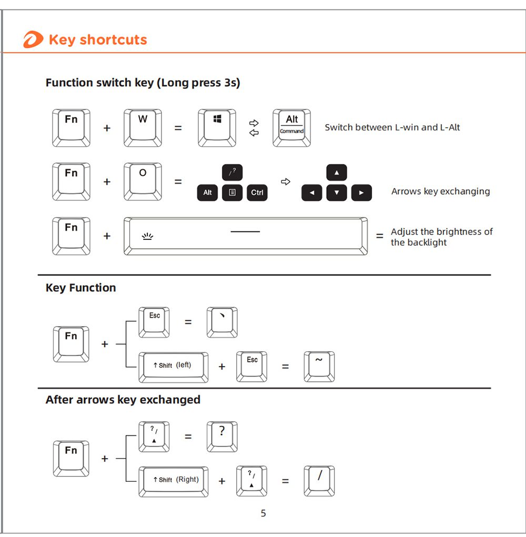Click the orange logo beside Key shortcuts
pyautogui.click(x=33, y=40)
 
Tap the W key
pyautogui.click(x=143, y=127)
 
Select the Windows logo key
pyautogui.click(x=217, y=127)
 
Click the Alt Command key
pyautogui.click(x=291, y=127)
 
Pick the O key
pyautogui.click(x=143, y=181)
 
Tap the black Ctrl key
pyautogui.click(x=257, y=192)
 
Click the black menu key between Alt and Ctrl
pyautogui.click(x=232, y=192)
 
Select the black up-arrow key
pyautogui.click(x=337, y=173)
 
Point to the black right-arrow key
pyautogui.click(x=361, y=192)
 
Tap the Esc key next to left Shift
pyautogui.click(x=252, y=366)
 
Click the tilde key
pyautogui.click(x=319, y=366)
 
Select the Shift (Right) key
pyautogui.click(x=173, y=481)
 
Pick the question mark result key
pyautogui.click(x=222, y=436)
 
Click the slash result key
pyautogui.click(x=319, y=481)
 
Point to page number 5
pyautogui.click(x=264, y=513)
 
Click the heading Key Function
pyautogui.click(x=80, y=288)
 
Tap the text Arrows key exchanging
pyautogui.click(x=440, y=191)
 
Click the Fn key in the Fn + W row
pyautogui.click(x=71, y=127)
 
